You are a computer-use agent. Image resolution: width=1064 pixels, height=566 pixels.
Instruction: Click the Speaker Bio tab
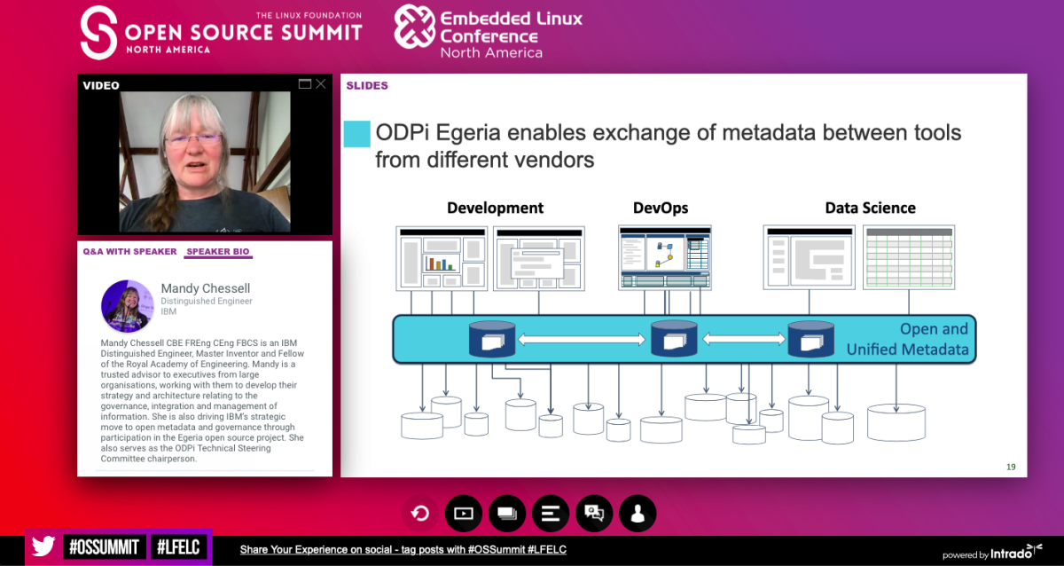[x=217, y=251]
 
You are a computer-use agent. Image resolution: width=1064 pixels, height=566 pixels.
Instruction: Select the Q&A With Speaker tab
[x=129, y=251]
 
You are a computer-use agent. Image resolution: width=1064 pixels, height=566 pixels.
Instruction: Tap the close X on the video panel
[x=321, y=84]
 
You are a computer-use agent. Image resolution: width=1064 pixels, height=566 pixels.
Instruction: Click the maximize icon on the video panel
[x=304, y=84]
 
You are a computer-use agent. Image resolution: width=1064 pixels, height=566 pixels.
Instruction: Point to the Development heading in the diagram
[x=495, y=208]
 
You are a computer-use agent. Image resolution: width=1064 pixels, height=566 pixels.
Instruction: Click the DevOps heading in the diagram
[x=661, y=208]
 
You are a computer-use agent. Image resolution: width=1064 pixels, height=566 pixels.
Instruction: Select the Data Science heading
[x=870, y=208]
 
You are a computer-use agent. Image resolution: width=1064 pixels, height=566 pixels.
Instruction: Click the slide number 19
[x=1011, y=468]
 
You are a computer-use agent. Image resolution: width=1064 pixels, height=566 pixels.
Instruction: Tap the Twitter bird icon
[x=43, y=546]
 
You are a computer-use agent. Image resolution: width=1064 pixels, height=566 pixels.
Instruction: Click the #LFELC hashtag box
[x=178, y=547]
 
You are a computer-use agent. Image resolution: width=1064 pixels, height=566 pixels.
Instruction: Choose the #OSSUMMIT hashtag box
[x=104, y=547]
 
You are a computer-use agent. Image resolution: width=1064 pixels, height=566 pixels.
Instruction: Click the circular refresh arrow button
[x=420, y=514]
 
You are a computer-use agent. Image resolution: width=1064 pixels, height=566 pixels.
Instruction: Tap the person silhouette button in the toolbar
[x=638, y=514]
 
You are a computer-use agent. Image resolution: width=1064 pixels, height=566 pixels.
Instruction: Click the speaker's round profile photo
[x=128, y=306]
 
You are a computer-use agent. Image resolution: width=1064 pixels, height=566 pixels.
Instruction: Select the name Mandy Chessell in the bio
[x=205, y=288]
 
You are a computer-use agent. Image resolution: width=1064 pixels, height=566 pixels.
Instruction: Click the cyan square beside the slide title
[x=356, y=134]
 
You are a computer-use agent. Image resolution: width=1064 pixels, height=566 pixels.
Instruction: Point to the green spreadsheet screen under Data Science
[x=909, y=257]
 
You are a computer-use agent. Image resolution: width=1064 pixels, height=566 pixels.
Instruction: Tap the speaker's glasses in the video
[x=194, y=139]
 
